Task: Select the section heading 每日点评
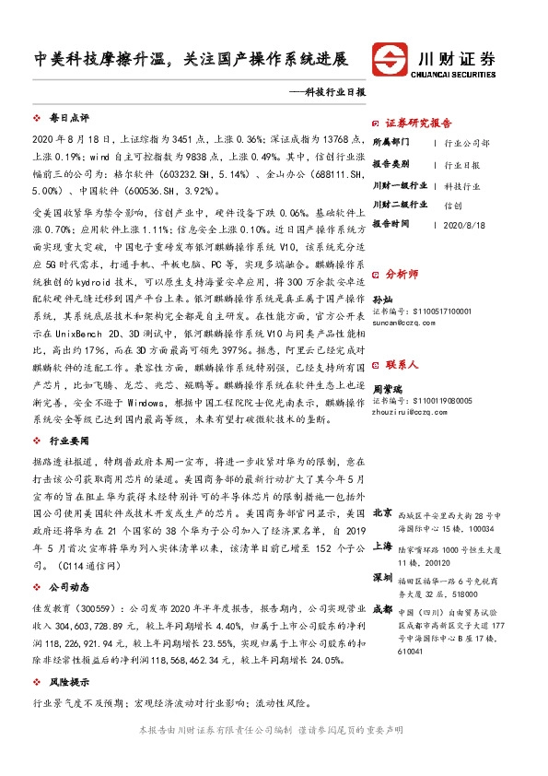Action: [68, 118]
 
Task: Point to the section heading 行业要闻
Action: [68, 441]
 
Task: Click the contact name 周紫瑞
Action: [387, 390]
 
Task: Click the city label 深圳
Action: [382, 577]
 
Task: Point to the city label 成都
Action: [382, 609]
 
